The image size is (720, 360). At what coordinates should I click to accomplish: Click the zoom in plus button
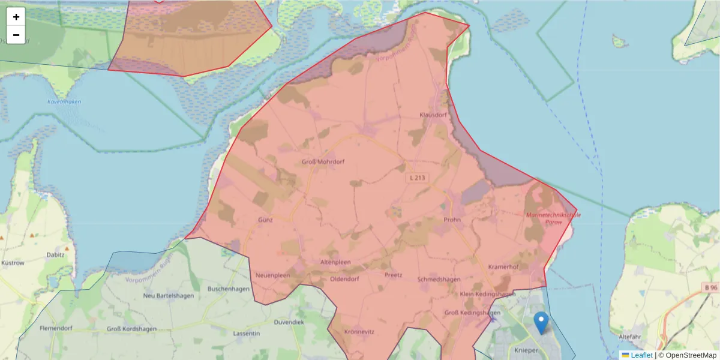[x=16, y=17]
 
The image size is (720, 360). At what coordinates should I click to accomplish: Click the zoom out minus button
[x=16, y=35]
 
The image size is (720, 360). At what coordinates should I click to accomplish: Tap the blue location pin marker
[x=541, y=323]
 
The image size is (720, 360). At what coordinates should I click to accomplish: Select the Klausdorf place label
[x=433, y=114]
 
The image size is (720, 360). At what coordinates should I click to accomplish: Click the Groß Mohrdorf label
[x=323, y=161]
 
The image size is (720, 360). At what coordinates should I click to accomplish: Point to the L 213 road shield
[x=418, y=178]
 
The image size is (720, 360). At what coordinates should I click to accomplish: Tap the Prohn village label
[x=452, y=220]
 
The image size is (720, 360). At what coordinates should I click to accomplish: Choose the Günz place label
[x=265, y=220]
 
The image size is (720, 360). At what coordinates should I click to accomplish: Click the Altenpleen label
[x=335, y=262]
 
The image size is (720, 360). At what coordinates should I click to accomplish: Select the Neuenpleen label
[x=273, y=275]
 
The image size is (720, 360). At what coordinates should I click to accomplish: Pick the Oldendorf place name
[x=344, y=279]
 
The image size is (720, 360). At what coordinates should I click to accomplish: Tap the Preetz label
[x=393, y=275]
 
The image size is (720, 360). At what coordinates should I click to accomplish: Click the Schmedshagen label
[x=439, y=280]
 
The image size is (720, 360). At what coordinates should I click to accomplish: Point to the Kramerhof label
[x=503, y=266]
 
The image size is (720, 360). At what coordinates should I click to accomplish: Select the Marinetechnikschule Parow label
[x=553, y=218]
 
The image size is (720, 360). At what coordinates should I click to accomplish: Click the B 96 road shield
[x=711, y=288]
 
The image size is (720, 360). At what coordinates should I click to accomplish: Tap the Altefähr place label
[x=637, y=337]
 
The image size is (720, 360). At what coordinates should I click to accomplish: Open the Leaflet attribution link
[x=641, y=355]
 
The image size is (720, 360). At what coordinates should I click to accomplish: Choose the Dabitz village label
[x=56, y=254]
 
